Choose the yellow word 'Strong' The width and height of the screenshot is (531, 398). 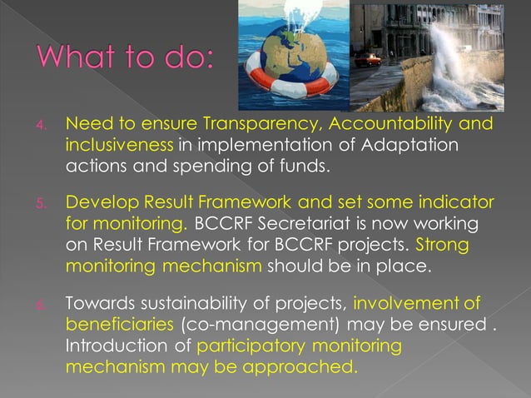[442, 245]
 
